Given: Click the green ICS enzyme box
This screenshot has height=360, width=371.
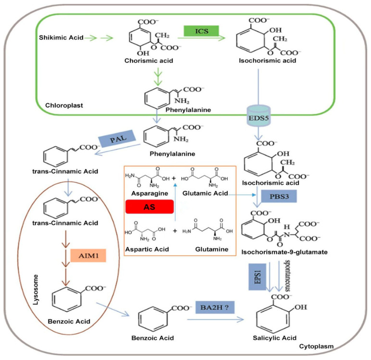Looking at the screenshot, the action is click(x=201, y=31).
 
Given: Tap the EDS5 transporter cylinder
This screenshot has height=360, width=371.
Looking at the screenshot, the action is click(x=259, y=116).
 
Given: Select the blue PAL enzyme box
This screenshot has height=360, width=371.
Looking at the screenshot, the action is click(x=117, y=138).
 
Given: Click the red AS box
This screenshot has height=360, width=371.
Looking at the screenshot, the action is click(x=149, y=206).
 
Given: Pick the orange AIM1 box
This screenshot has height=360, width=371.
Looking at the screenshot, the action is click(x=88, y=255).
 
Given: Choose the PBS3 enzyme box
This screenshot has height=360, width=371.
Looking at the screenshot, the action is click(x=279, y=196).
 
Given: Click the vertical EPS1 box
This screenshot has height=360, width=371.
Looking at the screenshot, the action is click(x=257, y=277).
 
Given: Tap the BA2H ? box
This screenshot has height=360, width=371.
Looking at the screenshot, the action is click(x=215, y=307).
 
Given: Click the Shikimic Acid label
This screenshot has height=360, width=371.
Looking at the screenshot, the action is click(x=62, y=37).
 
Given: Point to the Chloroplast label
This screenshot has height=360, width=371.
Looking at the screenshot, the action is click(x=64, y=106).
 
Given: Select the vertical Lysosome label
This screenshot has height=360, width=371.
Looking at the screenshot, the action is click(x=36, y=289).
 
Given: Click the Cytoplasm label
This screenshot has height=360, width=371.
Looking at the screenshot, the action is click(x=316, y=346).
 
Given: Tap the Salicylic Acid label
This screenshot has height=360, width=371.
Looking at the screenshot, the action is click(x=274, y=338).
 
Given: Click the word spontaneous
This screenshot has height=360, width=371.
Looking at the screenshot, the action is click(x=287, y=276).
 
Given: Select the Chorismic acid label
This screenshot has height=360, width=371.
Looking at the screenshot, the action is click(x=149, y=61).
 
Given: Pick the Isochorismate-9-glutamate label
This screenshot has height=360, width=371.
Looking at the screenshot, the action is click(x=284, y=252).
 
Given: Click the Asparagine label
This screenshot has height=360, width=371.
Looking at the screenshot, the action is click(x=149, y=193).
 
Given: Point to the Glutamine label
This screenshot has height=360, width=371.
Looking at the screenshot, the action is click(x=212, y=249).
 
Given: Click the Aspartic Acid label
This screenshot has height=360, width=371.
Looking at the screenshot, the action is click(x=147, y=249).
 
